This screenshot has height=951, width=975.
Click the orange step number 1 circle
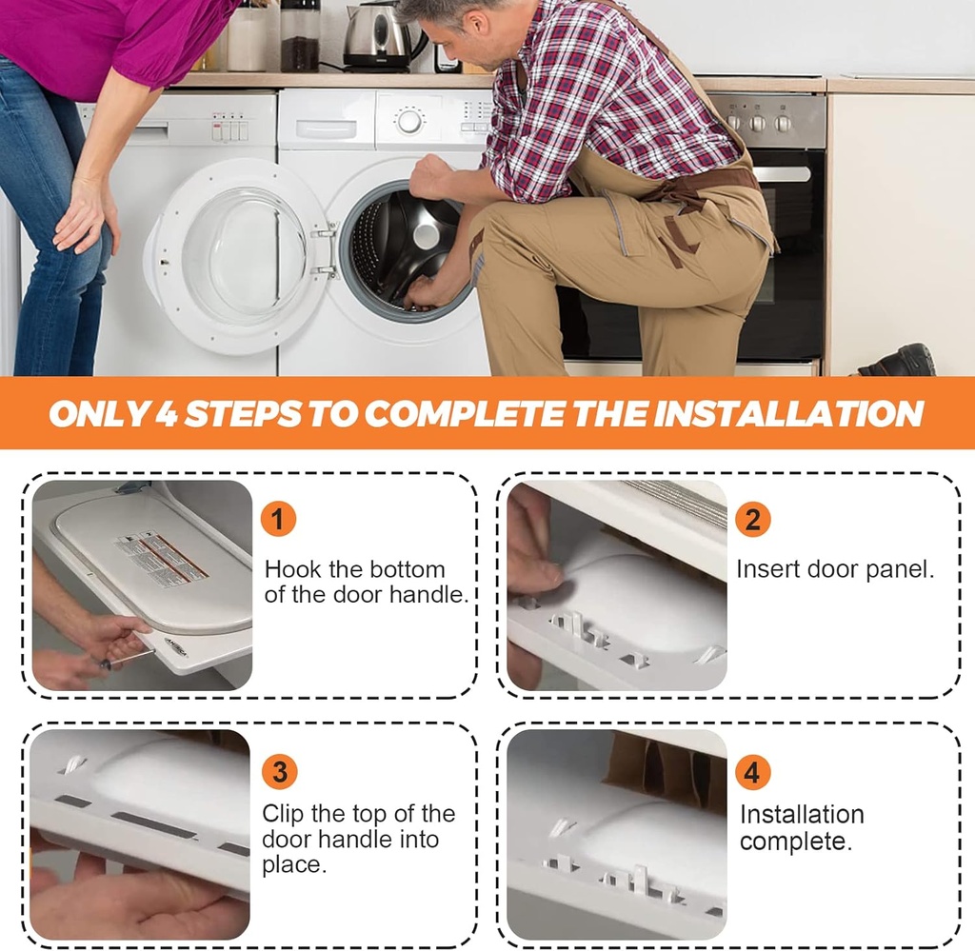tap(278, 519)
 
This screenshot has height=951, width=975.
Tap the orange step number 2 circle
tap(752, 519)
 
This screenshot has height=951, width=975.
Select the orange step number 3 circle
tap(280, 771)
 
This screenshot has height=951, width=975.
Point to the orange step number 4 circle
tap(752, 772)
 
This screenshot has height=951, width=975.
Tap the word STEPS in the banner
tap(243, 414)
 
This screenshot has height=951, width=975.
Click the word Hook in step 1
tap(293, 569)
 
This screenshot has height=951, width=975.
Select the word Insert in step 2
tap(768, 569)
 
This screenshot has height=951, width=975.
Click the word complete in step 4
tap(795, 842)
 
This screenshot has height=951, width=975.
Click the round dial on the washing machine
tap(409, 121)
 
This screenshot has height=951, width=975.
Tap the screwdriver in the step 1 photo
tap(128, 660)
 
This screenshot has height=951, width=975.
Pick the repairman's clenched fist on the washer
tap(434, 176)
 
